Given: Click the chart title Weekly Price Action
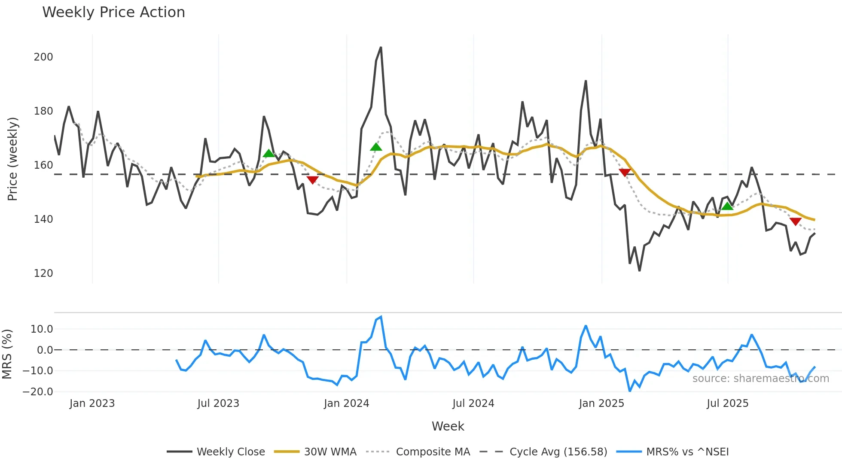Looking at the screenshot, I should click(113, 12).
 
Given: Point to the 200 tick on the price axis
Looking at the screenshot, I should click(43, 57).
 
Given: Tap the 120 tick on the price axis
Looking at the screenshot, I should click(43, 273).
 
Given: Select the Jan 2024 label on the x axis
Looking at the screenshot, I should click(346, 403).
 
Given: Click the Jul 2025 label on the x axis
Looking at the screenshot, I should click(727, 403).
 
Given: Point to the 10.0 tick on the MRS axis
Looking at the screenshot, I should click(42, 329).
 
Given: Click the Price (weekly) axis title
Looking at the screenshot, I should click(13, 159).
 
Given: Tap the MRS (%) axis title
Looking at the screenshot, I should click(7, 354).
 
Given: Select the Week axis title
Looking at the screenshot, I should click(448, 426).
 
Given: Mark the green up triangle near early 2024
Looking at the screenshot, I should click(376, 147).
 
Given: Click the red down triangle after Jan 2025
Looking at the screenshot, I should click(625, 173).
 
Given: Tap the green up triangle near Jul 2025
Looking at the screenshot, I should click(727, 206).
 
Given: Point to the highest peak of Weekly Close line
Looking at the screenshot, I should click(381, 48).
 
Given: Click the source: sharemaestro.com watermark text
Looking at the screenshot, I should click(760, 379).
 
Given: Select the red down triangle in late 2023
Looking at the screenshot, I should click(313, 180).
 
